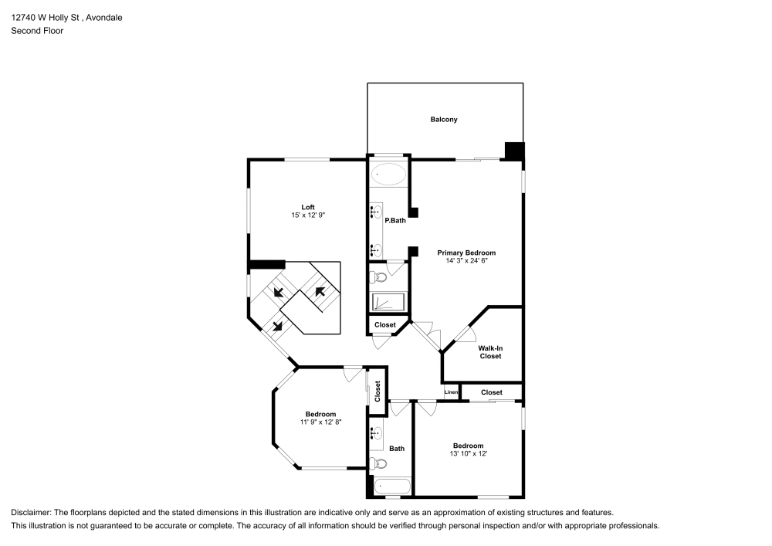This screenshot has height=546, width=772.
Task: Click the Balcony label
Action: pos(444,120)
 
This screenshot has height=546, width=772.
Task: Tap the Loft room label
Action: pos(308,207)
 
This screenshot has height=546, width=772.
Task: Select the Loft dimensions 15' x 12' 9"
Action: pos(308,215)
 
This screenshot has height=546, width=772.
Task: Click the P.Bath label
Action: pos(395,221)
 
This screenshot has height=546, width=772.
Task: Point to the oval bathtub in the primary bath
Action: pos(388,174)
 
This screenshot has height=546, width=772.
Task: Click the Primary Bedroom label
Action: pos(467,253)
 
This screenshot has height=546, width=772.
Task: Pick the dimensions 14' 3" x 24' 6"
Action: pos(467,261)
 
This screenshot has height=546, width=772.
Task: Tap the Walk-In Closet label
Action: pos(490,352)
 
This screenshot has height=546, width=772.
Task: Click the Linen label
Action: pos(451,392)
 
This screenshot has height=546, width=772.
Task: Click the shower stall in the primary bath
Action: pos(388,302)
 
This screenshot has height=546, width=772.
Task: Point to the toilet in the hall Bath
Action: pos(378,463)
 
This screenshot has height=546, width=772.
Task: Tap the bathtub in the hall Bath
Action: pos(392,487)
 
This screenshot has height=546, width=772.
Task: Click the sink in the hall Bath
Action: pos(377,434)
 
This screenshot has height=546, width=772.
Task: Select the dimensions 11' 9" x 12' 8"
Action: pos(321,422)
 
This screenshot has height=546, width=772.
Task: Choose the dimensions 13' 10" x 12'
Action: pos(469,453)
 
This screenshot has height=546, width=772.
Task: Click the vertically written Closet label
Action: pos(378,392)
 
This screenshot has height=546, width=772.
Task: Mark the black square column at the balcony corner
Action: pos(514,151)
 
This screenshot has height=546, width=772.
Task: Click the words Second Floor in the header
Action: pos(37,31)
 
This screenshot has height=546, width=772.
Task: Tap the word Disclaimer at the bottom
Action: pos(30,513)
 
